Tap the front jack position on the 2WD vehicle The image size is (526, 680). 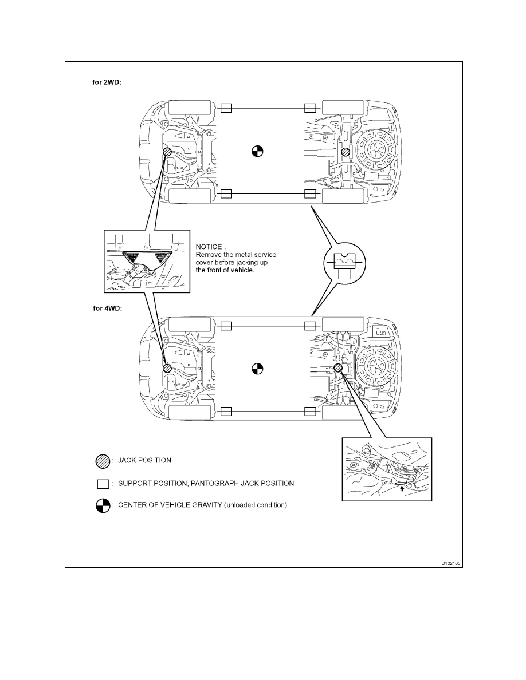coord(167,152)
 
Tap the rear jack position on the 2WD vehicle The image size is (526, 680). coord(346,152)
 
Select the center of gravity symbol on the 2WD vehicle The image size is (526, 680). coord(257,152)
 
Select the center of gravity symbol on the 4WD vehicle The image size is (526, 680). coord(257,369)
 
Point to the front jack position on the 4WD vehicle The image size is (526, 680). coord(167,369)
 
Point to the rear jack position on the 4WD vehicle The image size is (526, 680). coord(338,369)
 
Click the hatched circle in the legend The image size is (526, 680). coord(103,460)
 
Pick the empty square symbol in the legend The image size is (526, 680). coord(103,484)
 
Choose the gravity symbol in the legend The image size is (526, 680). coord(103,506)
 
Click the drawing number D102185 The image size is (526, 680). coord(450,563)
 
